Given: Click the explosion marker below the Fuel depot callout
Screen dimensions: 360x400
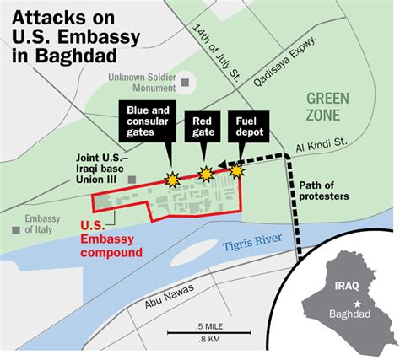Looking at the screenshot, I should pyautogui.click(x=237, y=171).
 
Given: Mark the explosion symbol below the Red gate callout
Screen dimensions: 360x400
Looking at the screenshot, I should pyautogui.click(x=204, y=174).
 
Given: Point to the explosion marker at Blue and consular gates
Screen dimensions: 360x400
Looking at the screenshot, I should pyautogui.click(x=172, y=180).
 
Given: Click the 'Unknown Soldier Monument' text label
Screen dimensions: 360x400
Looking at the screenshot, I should pyautogui.click(x=143, y=83).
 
